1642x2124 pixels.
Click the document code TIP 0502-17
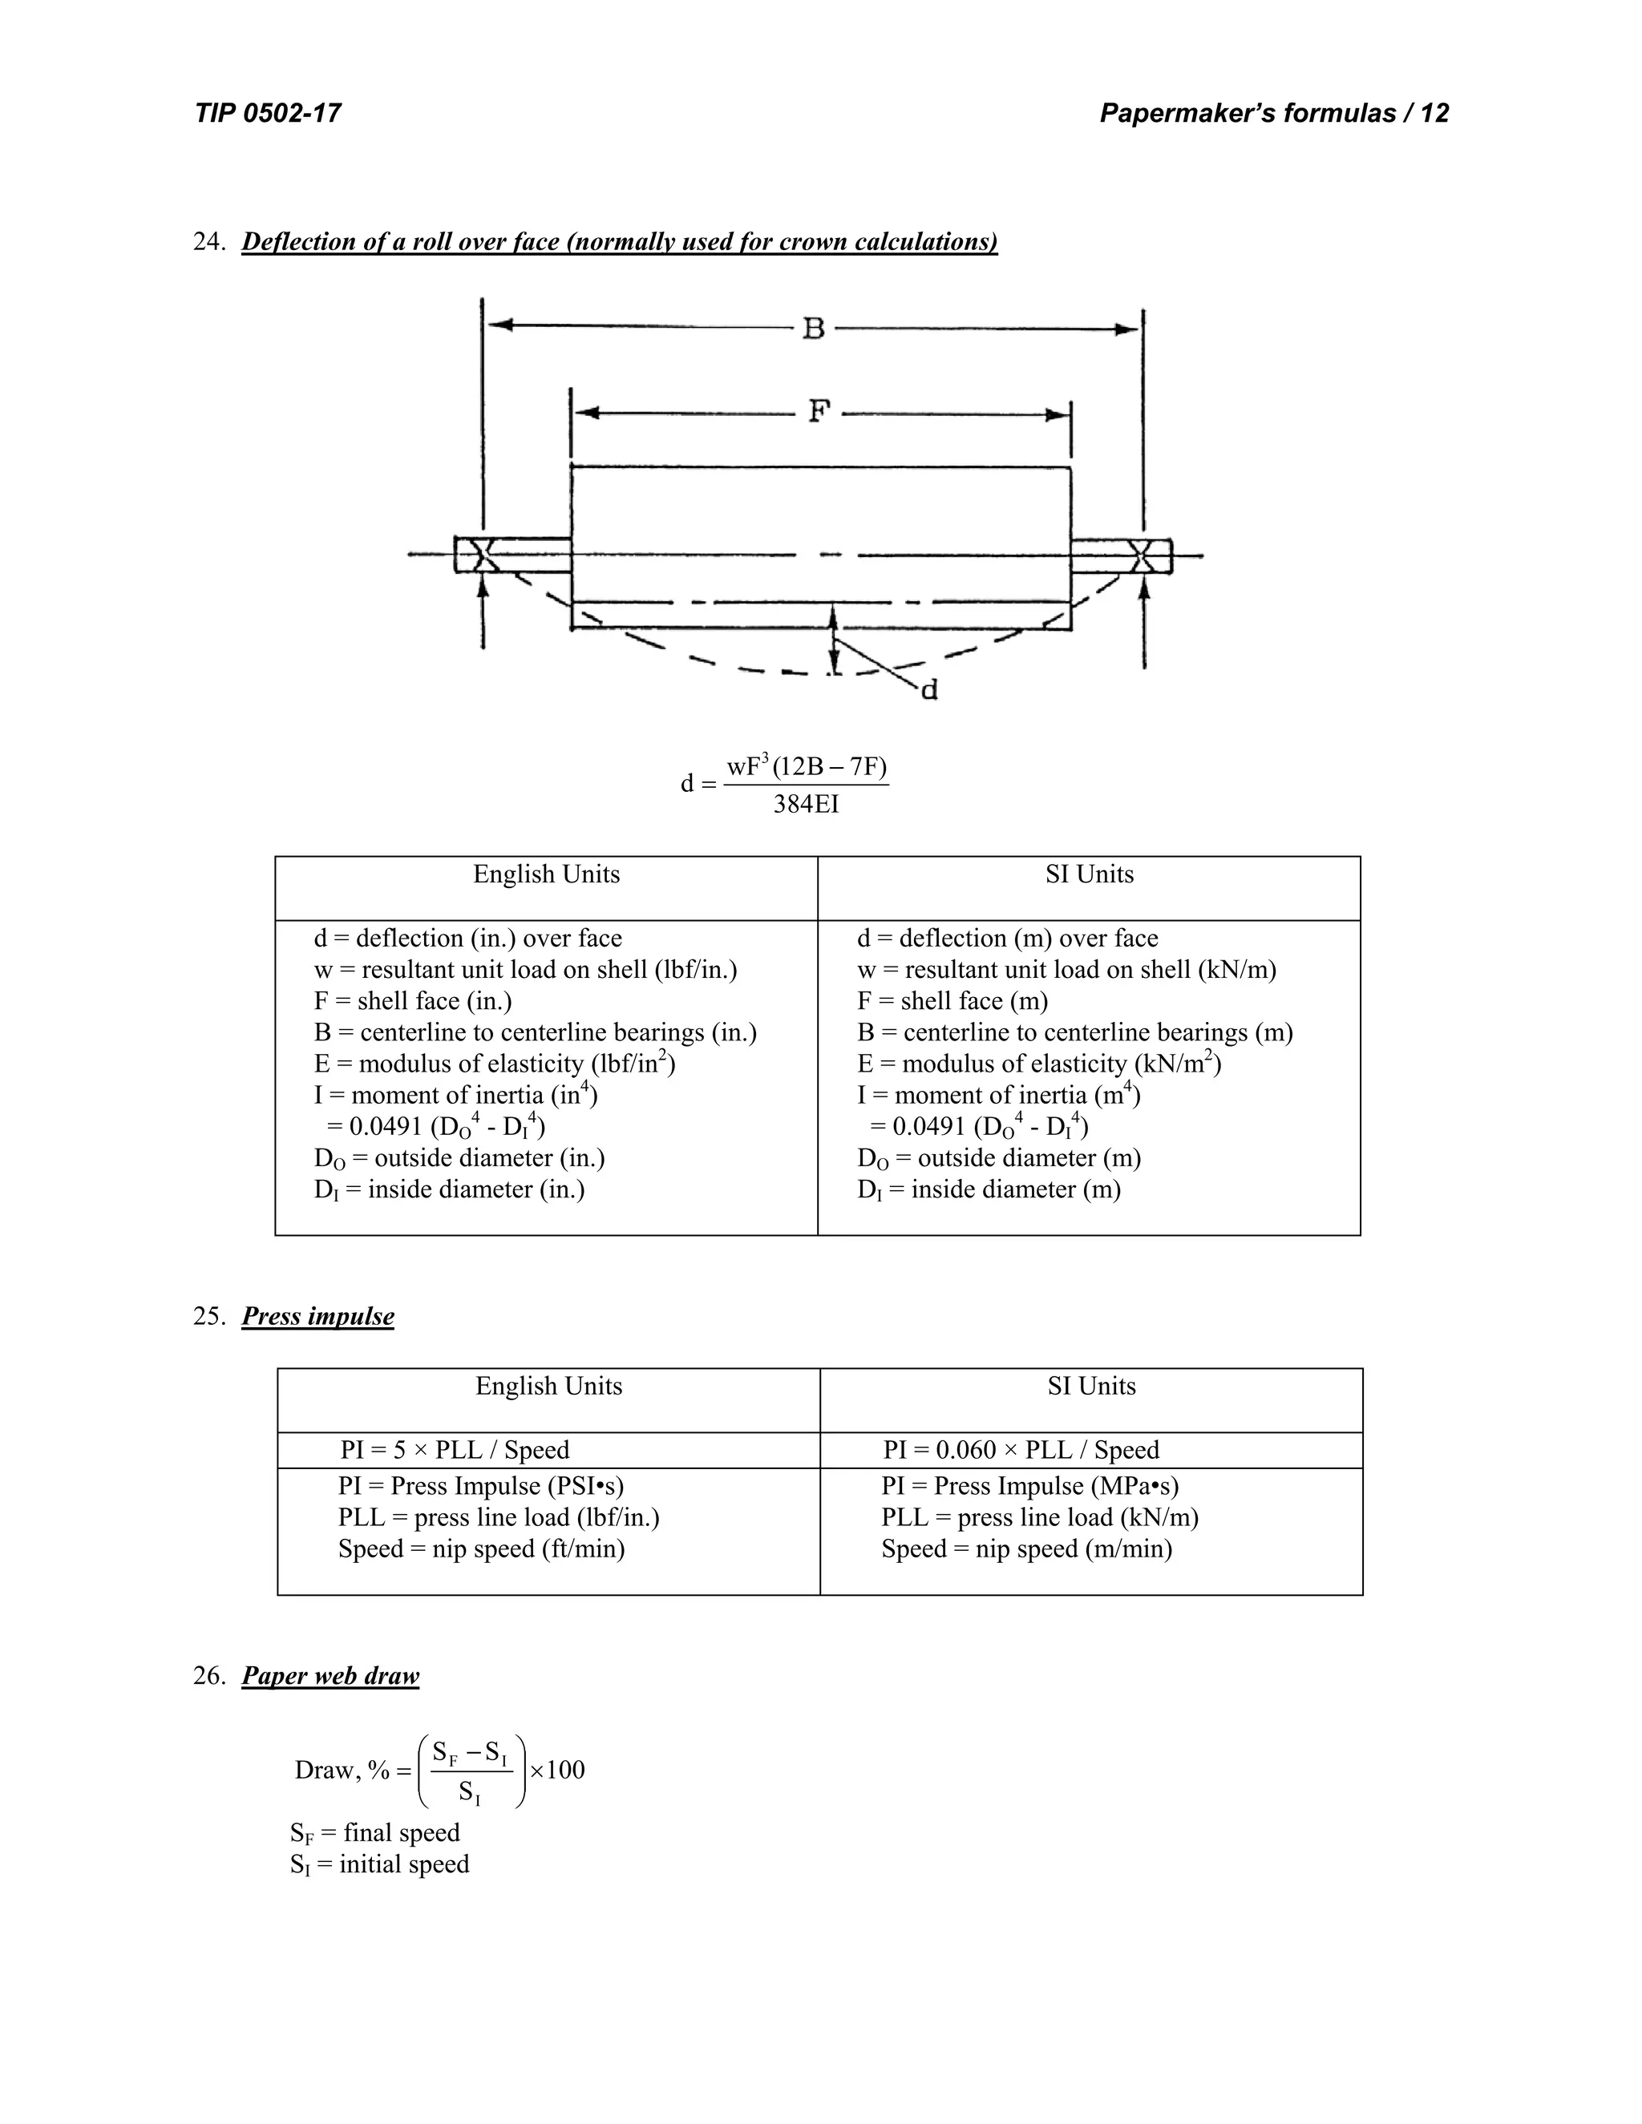[x=268, y=114]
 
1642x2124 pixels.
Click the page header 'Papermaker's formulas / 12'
[x=1273, y=114]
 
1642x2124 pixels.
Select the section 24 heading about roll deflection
[x=619, y=241]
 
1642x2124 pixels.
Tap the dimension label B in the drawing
[x=813, y=329]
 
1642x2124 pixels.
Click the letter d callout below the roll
[x=929, y=690]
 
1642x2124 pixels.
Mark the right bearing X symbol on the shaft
[x=1143, y=555]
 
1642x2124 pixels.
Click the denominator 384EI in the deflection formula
[x=806, y=804]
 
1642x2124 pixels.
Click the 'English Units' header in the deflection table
[x=546, y=874]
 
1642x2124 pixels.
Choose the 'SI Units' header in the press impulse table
[x=1091, y=1386]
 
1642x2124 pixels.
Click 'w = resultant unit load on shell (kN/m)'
[x=1066, y=970]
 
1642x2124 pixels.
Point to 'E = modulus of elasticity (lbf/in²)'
[x=494, y=1063]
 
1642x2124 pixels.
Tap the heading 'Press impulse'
[x=318, y=1316]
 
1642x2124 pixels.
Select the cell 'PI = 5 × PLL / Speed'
[x=455, y=1450]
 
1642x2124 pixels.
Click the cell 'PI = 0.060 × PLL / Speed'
[x=1021, y=1450]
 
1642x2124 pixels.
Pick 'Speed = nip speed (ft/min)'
[x=482, y=1549]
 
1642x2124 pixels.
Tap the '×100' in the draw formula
[x=557, y=1770]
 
